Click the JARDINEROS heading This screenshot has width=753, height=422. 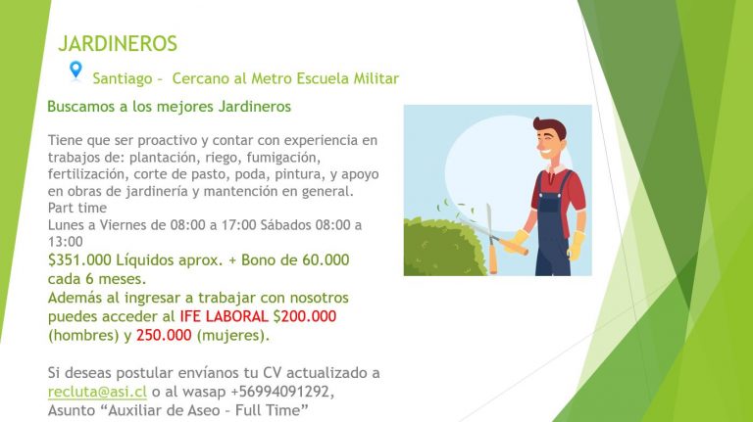pos(118,44)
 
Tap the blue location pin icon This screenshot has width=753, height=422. pos(75,70)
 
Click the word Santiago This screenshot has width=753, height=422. pos(123,78)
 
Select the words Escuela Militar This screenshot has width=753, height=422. pos(348,78)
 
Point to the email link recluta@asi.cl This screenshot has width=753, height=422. pos(97,392)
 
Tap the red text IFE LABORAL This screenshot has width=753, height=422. pos(224,316)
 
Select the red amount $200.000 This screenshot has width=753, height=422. pos(305,316)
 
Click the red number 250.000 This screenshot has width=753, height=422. pos(164,335)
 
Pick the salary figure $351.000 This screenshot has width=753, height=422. pos(79,259)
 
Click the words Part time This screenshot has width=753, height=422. pos(77,209)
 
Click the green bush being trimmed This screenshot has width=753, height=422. pos(443,248)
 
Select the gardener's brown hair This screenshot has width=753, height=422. pos(550,126)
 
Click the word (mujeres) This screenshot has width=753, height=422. pos(233,335)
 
